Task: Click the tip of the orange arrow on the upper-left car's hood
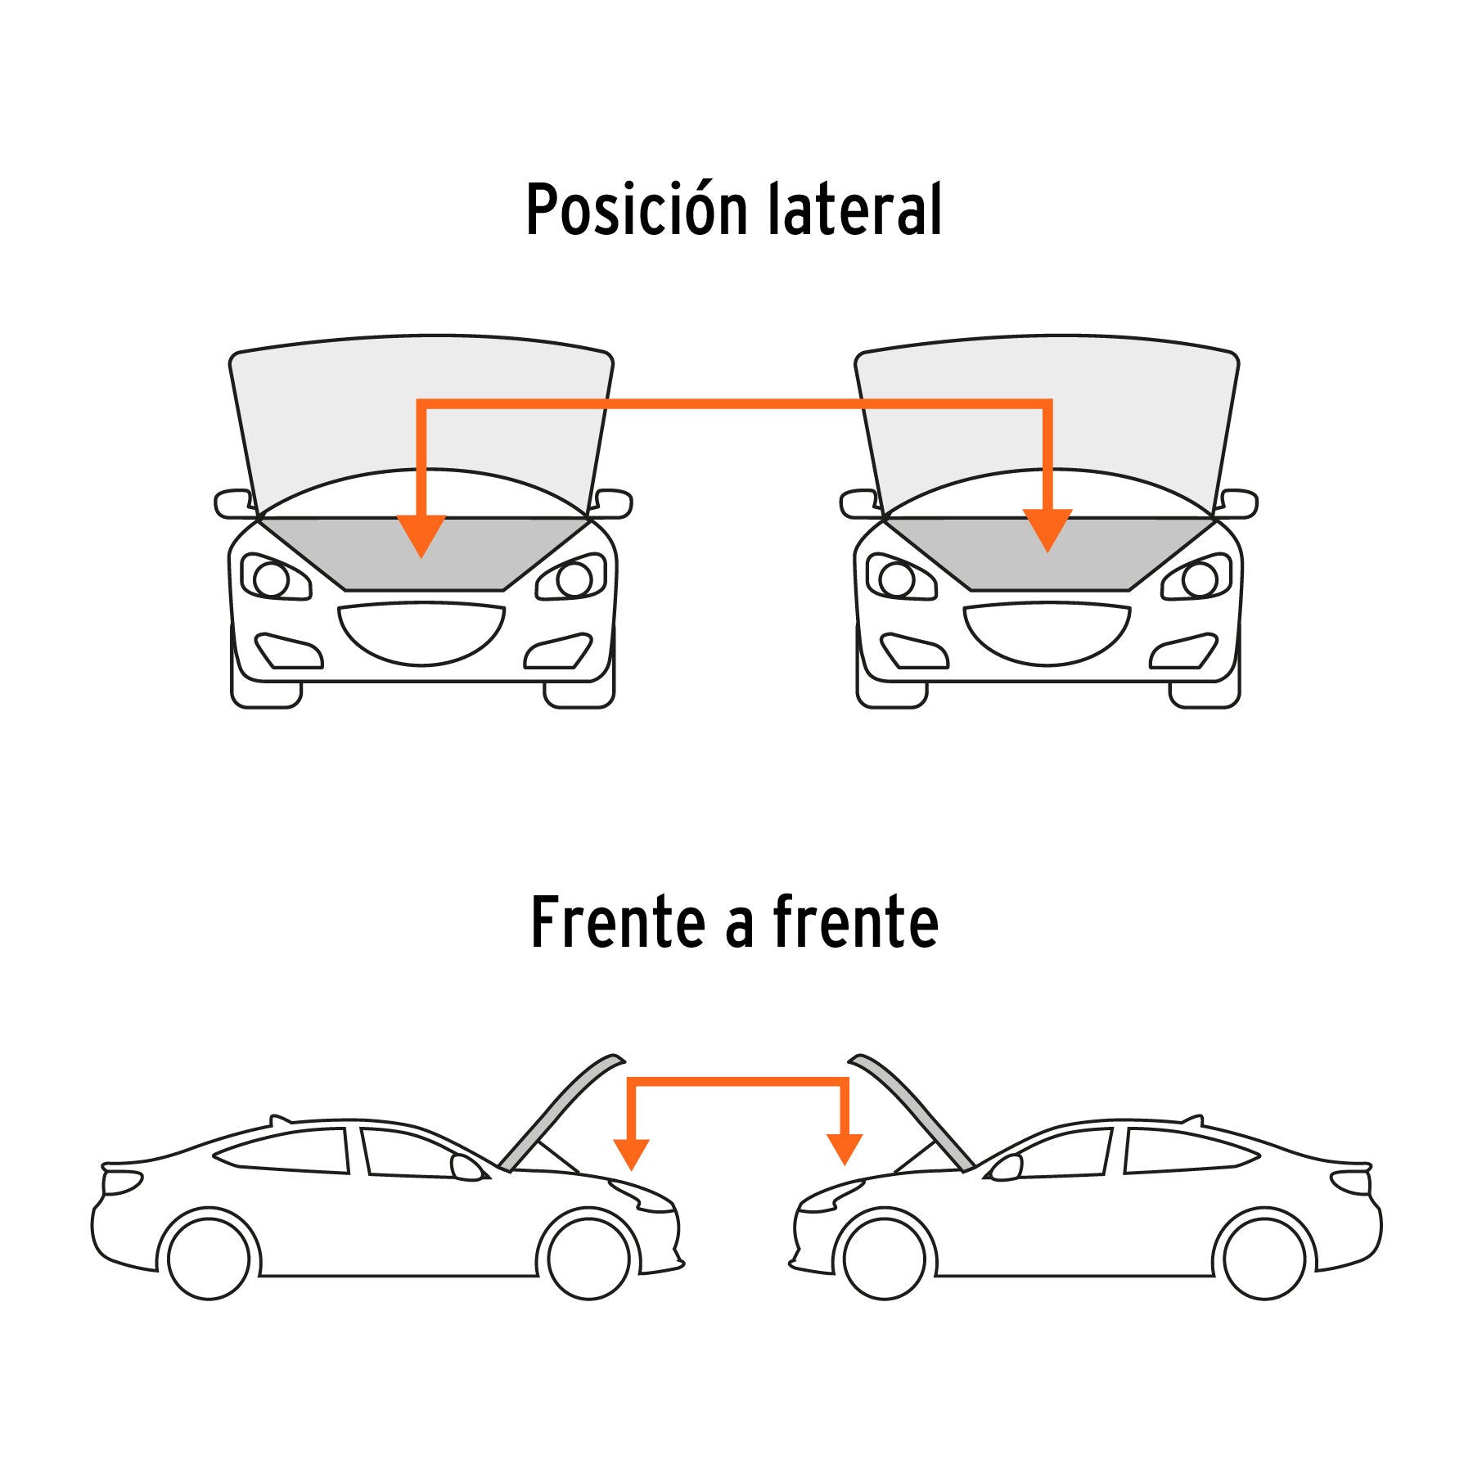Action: [421, 558]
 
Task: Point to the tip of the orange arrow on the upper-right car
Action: [1047, 552]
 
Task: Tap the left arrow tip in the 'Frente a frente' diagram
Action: [631, 1170]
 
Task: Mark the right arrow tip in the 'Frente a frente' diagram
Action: [845, 1165]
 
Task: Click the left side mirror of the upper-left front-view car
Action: [234, 504]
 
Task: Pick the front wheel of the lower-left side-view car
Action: [588, 1259]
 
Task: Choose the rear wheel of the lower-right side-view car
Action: [1265, 1259]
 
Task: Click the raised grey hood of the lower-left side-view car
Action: [561, 1112]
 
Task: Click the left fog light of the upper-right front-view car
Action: [914, 651]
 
